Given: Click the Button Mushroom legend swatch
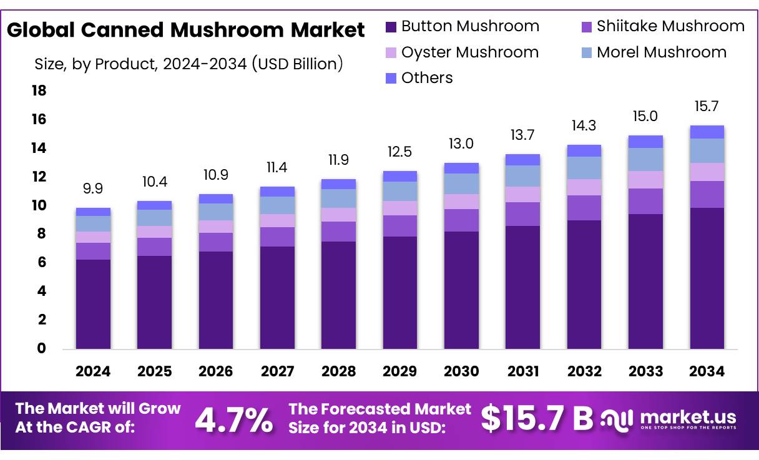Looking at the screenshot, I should [x=391, y=27].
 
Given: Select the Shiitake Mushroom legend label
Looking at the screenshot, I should [x=670, y=26].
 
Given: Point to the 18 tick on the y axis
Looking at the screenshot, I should [x=39, y=91].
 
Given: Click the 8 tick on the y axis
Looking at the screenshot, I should [x=41, y=234].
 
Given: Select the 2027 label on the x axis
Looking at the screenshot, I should [x=277, y=371].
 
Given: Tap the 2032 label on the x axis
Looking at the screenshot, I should [x=584, y=371].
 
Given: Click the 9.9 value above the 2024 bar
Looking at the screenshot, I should [x=93, y=188].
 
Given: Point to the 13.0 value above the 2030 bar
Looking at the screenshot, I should [x=461, y=144].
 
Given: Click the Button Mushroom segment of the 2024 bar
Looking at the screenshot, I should [x=93, y=304].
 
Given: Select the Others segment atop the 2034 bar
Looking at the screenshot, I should [x=707, y=132].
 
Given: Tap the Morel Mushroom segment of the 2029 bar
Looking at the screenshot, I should [x=400, y=191].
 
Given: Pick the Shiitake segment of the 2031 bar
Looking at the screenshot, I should [x=523, y=214].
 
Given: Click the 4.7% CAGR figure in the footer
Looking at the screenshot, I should [x=233, y=420].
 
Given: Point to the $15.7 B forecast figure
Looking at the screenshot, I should [x=537, y=419].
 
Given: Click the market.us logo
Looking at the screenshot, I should [x=668, y=419].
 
